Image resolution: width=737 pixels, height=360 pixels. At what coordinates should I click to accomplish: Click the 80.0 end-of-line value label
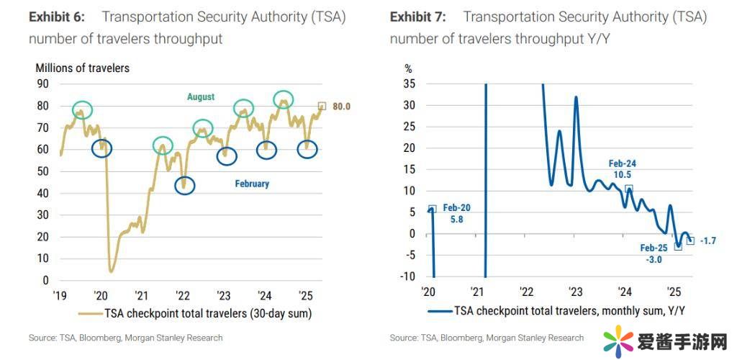(340, 107)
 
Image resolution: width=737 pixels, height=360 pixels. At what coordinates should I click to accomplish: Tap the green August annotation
(201, 96)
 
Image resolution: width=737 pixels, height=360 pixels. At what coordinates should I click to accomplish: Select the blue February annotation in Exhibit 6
(252, 184)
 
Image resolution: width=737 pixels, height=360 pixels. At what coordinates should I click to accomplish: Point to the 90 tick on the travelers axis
(42, 84)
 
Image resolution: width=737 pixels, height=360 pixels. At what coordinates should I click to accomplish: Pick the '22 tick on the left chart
(183, 295)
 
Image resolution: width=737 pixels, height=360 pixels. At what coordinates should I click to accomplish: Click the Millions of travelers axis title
(83, 68)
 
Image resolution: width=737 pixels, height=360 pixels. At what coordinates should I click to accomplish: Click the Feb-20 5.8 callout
(456, 213)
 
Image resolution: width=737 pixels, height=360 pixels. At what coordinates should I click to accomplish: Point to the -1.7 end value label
(709, 241)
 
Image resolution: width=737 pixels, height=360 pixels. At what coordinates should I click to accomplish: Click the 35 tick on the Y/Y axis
(410, 84)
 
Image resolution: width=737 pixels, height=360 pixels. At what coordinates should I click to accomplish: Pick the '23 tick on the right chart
(575, 292)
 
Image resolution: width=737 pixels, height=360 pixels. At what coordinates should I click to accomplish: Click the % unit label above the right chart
(409, 69)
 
